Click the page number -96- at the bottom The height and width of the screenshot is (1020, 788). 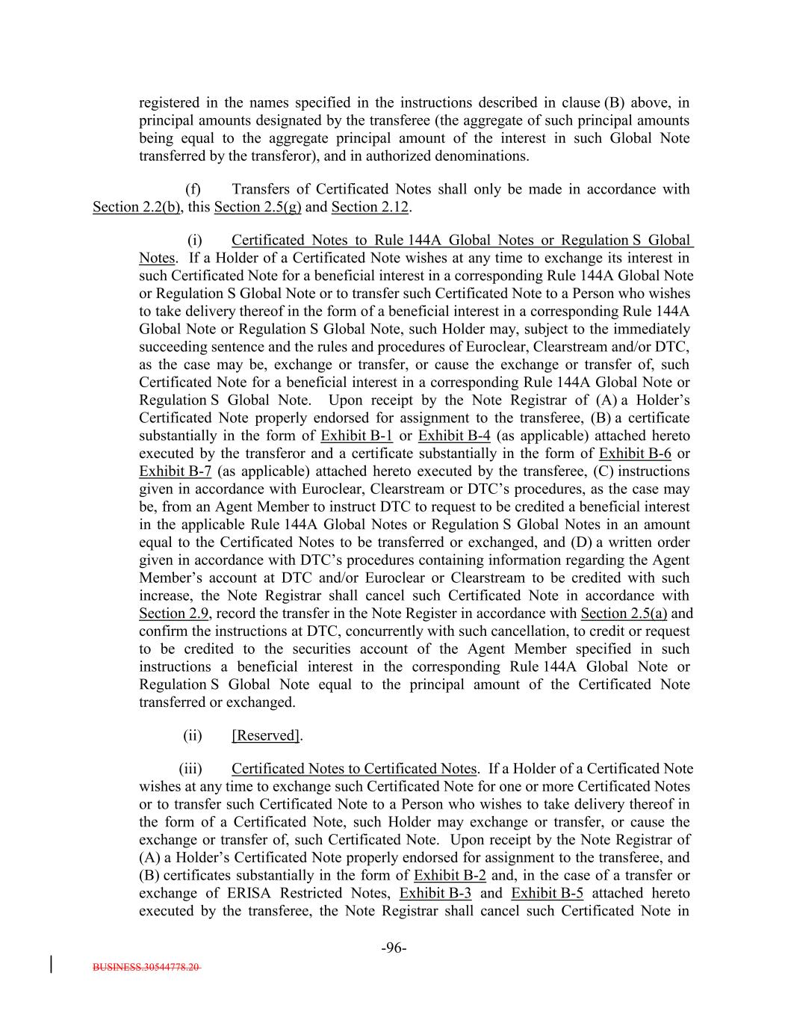point(394,948)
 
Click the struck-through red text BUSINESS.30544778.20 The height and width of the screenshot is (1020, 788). point(146,967)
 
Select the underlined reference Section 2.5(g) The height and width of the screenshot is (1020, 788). point(258,207)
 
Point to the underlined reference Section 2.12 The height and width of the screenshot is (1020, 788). point(370,207)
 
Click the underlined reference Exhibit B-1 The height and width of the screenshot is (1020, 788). point(357,436)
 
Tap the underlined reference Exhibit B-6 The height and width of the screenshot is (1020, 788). point(635,454)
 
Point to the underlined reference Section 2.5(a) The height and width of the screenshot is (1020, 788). point(624,613)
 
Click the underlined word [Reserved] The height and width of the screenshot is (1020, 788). point(267,736)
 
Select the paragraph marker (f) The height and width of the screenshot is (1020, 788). point(193,189)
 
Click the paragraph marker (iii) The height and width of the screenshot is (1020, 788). point(190,769)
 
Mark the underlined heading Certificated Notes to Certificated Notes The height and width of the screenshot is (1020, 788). point(353,769)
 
